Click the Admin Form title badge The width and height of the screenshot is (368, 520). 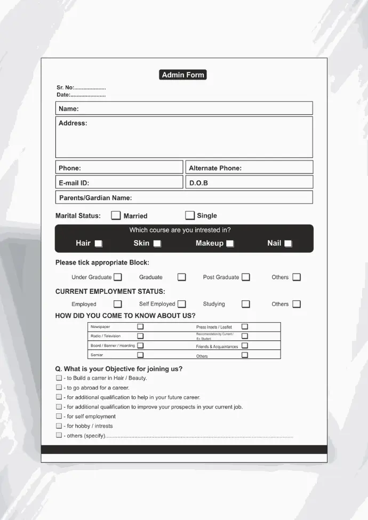pyautogui.click(x=183, y=75)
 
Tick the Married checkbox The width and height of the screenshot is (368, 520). pyautogui.click(x=116, y=215)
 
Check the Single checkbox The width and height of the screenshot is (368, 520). pyautogui.click(x=190, y=215)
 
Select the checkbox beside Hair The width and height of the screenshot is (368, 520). pyautogui.click(x=98, y=244)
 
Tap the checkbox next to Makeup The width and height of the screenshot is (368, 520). pyautogui.click(x=230, y=244)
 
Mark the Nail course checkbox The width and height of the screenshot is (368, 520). pyautogui.click(x=288, y=244)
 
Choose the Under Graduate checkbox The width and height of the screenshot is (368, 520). pyautogui.click(x=118, y=277)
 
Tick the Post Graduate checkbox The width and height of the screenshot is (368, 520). pyautogui.click(x=246, y=277)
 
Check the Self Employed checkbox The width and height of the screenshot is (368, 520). pyautogui.click(x=182, y=304)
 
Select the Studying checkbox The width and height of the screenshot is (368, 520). pyautogui.click(x=246, y=304)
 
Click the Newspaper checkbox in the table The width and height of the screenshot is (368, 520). pyautogui.click(x=140, y=326)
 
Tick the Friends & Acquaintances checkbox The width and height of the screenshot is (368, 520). pyautogui.click(x=245, y=346)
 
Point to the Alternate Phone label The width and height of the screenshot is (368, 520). pyautogui.click(x=215, y=168)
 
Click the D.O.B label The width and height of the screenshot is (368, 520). pyautogui.click(x=198, y=183)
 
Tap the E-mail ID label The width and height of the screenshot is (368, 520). pyautogui.click(x=74, y=183)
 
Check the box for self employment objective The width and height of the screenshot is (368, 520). pyautogui.click(x=59, y=417)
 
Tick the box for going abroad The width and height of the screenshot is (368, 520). pyautogui.click(x=59, y=388)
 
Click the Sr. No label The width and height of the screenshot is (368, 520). pyautogui.click(x=65, y=87)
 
